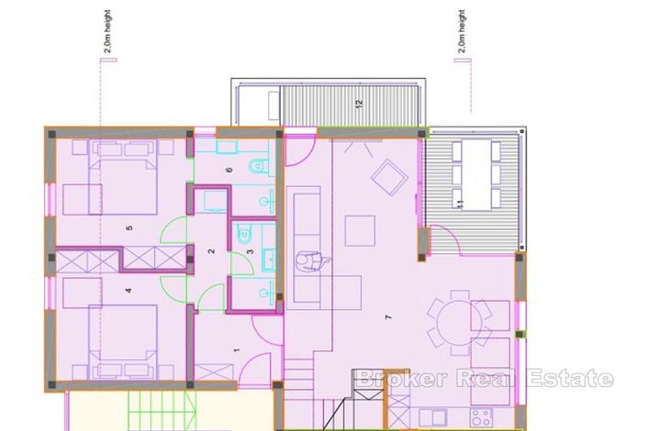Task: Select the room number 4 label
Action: click(129, 292)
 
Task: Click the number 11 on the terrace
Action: click(460, 201)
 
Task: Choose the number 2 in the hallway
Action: click(212, 250)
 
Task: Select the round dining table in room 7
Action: click(460, 322)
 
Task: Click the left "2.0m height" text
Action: click(106, 33)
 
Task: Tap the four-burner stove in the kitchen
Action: click(483, 420)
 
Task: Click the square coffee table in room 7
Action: click(360, 230)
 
